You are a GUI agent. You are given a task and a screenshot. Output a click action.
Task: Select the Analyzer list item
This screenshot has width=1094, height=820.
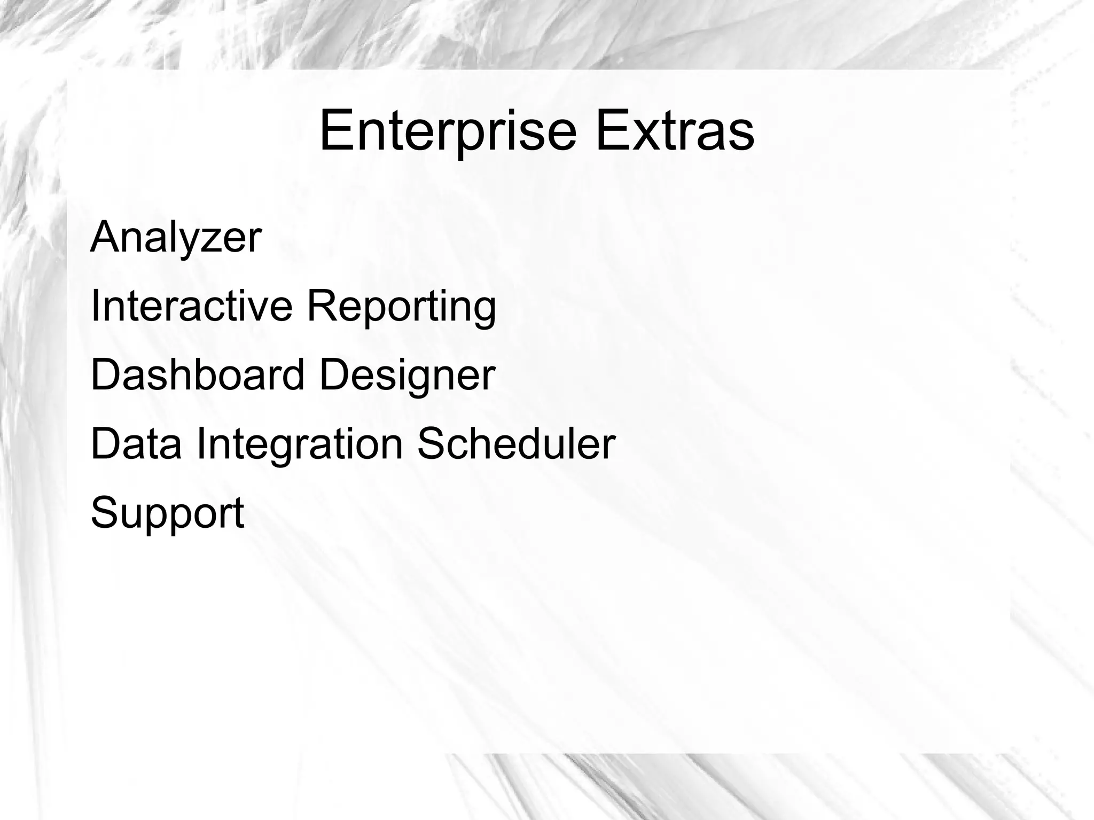176,237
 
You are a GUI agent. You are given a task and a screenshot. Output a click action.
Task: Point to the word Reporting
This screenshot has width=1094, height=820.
401,308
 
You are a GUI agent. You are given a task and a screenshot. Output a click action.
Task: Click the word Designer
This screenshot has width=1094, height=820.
407,377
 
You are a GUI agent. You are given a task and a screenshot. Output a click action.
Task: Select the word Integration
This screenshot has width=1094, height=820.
300,446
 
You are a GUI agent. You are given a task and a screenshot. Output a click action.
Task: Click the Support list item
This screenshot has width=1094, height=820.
167,513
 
